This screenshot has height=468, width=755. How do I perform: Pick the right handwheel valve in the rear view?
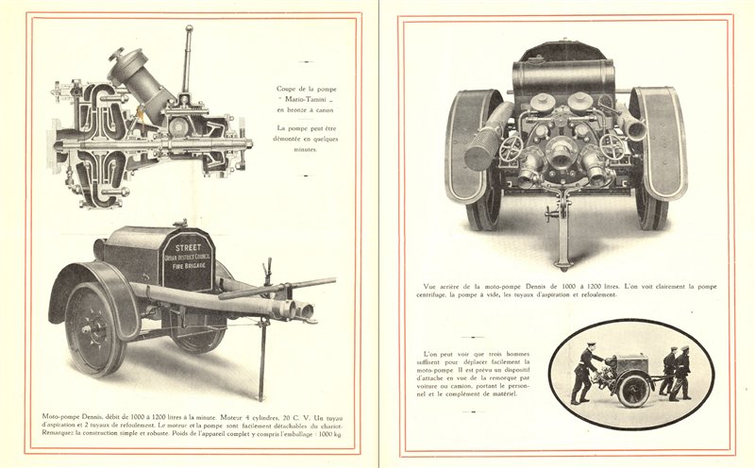613,147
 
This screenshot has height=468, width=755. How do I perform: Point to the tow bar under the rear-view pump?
563,226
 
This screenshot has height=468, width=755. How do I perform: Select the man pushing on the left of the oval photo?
582,372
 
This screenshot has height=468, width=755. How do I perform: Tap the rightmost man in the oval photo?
682,372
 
